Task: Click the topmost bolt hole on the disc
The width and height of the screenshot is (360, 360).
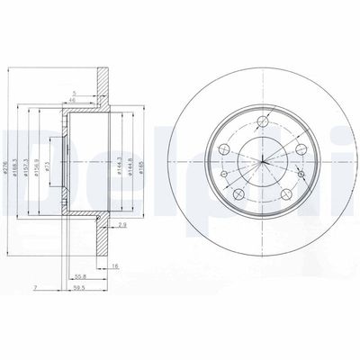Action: (262, 121)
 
